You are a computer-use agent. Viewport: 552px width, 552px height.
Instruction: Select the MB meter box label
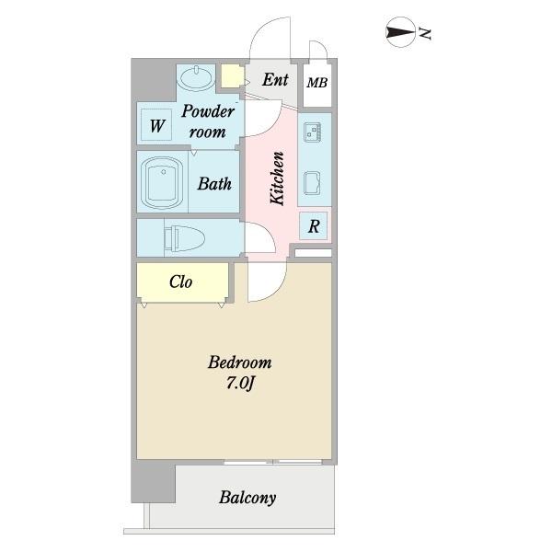pyautogui.click(x=316, y=84)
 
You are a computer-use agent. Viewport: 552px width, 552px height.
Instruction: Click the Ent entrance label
pyautogui.click(x=275, y=80)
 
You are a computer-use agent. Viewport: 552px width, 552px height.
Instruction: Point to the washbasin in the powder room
pyautogui.click(x=195, y=76)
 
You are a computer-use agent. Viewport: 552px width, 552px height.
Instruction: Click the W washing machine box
pyautogui.click(x=157, y=124)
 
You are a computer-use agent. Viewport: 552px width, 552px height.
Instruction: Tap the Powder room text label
pyautogui.click(x=208, y=121)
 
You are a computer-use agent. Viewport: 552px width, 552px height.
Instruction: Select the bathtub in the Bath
pyautogui.click(x=163, y=183)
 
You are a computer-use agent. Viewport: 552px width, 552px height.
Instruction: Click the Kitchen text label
pyautogui.click(x=277, y=178)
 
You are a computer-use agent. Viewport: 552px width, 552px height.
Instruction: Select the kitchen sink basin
pyautogui.click(x=311, y=184)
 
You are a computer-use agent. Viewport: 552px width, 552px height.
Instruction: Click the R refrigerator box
pyautogui.click(x=314, y=226)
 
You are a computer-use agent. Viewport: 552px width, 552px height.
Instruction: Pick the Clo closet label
pyautogui.click(x=181, y=282)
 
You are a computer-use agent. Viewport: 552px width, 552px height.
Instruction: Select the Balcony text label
pyautogui.click(x=247, y=498)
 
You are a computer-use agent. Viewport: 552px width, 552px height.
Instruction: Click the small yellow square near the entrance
pyautogui.click(x=230, y=76)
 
